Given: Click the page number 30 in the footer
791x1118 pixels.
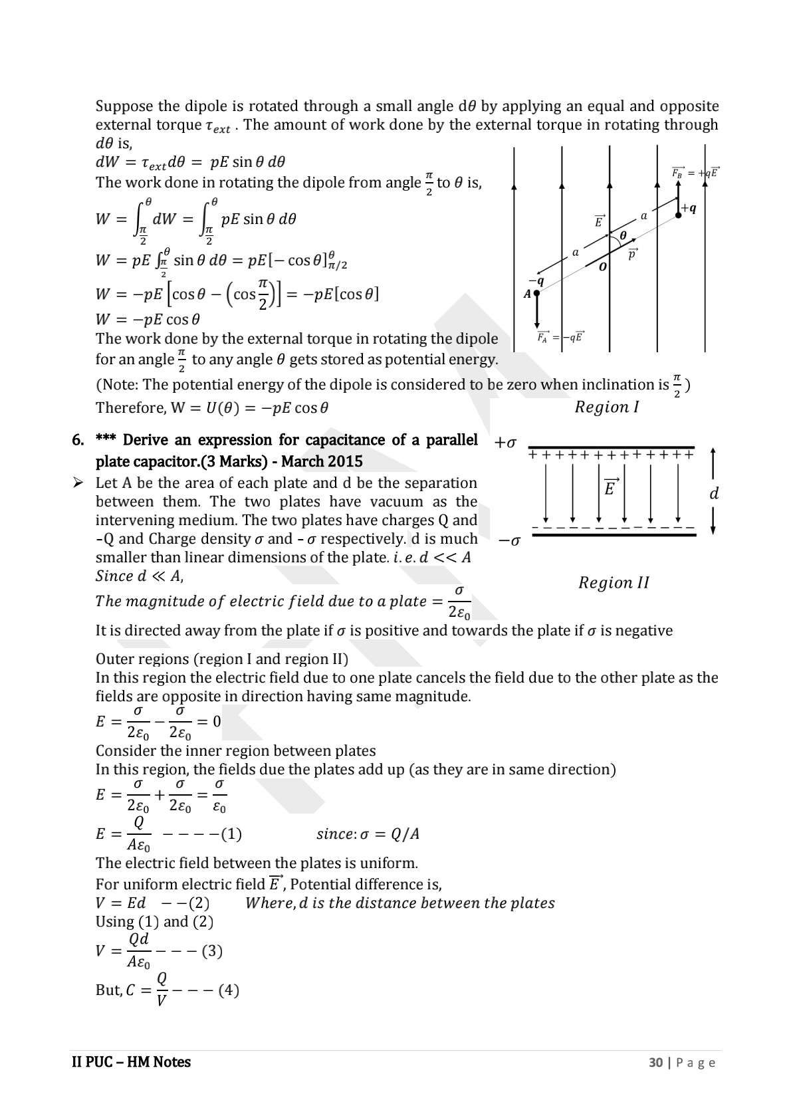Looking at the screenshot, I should pyautogui.click(x=655, y=1063).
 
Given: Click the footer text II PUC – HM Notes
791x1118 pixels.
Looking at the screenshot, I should pyautogui.click(x=131, y=1062).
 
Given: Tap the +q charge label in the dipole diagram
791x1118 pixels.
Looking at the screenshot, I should pyautogui.click(x=689, y=208).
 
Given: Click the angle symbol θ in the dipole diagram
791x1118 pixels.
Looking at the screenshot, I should pyautogui.click(x=623, y=235).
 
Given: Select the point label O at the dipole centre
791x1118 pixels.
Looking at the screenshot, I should pyautogui.click(x=602, y=267).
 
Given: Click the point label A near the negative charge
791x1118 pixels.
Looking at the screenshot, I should pyautogui.click(x=527, y=293).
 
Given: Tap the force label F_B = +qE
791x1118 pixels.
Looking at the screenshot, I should pyautogui.click(x=695, y=173).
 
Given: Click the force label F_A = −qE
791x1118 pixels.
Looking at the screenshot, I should pyautogui.click(x=560, y=337).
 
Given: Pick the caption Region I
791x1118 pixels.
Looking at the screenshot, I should pyautogui.click(x=606, y=407).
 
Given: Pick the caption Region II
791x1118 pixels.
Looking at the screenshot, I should pyautogui.click(x=613, y=583).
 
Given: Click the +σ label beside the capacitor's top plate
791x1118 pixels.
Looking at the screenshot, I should pyautogui.click(x=506, y=443).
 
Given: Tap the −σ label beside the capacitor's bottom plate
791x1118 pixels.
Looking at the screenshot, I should pyautogui.click(x=509, y=541).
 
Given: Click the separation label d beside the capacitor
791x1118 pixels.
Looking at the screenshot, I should pyautogui.click(x=714, y=494).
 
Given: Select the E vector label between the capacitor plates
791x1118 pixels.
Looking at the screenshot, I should pyautogui.click(x=610, y=487).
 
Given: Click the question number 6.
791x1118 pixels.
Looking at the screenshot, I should pyautogui.click(x=78, y=440).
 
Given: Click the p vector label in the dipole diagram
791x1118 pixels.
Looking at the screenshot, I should pyautogui.click(x=632, y=253).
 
